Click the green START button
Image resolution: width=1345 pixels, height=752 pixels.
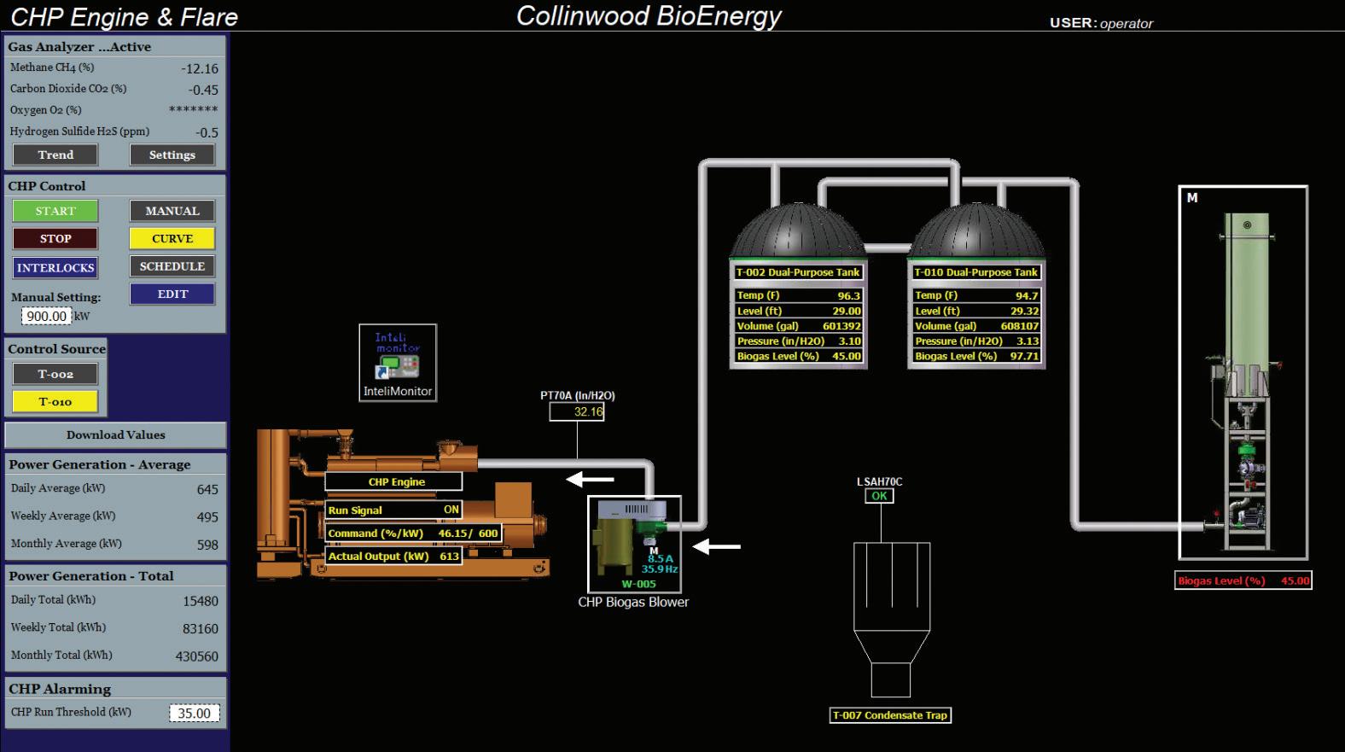tap(55, 211)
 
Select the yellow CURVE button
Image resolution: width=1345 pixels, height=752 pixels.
tap(172, 239)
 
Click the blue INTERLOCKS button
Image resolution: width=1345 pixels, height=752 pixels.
tap(55, 268)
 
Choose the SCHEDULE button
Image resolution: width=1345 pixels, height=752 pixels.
tap(172, 266)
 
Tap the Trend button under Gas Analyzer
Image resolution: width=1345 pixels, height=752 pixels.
tap(55, 154)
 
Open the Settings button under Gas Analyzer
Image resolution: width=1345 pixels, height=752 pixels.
tap(172, 154)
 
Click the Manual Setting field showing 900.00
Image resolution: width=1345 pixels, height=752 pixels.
tap(47, 316)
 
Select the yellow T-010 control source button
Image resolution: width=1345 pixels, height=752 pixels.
tap(55, 401)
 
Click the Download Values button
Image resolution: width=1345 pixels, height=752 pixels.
tap(116, 434)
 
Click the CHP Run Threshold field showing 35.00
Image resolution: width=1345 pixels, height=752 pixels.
tap(194, 713)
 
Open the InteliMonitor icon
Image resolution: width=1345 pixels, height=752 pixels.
tap(398, 363)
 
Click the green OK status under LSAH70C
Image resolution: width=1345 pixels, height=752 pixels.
tap(879, 496)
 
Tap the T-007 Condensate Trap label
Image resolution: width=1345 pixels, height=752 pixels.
tap(890, 715)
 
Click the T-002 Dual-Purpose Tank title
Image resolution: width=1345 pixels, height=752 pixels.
tap(798, 272)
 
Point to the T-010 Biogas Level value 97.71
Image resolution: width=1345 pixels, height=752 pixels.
tap(1024, 356)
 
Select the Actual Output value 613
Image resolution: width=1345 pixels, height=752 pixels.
tap(449, 556)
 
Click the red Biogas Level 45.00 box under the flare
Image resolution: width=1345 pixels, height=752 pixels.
tap(1243, 580)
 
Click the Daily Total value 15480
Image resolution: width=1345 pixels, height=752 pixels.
tap(201, 601)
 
